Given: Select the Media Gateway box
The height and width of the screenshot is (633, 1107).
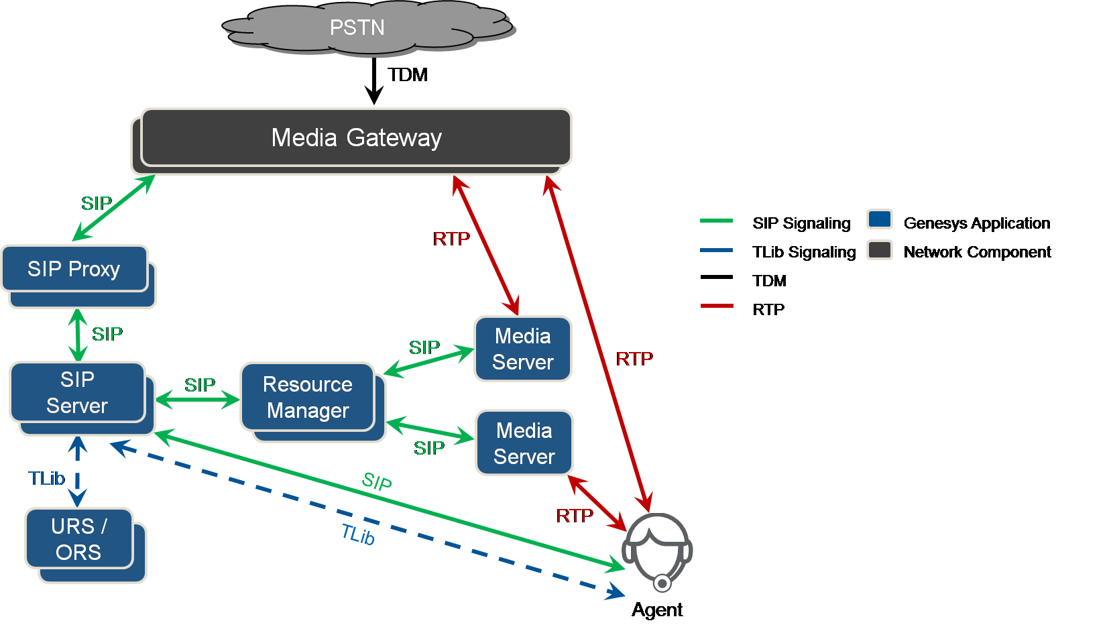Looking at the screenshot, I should click(356, 137).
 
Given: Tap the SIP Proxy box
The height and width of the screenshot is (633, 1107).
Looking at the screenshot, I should click(74, 269).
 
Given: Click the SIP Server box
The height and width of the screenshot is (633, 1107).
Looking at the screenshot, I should click(78, 392).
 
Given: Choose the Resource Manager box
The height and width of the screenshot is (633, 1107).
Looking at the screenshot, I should click(308, 397).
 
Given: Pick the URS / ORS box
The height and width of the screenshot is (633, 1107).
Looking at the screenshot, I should click(79, 538).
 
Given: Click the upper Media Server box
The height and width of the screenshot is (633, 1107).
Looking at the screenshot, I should click(523, 349).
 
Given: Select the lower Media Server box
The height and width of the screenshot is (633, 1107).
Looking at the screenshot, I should click(524, 443).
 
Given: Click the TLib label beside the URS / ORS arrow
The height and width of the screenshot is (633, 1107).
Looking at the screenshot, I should click(46, 478).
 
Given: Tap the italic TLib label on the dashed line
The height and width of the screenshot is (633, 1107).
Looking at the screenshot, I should click(358, 534).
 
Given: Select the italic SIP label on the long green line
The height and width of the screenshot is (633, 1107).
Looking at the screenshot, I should click(377, 481).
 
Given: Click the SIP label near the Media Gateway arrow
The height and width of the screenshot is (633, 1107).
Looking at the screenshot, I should click(97, 203).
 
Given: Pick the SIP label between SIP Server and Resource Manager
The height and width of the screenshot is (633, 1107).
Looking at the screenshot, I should click(199, 385).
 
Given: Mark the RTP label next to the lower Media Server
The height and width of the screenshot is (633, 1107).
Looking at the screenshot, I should click(575, 516).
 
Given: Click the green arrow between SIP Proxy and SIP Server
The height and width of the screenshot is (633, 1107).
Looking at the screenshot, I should click(78, 335).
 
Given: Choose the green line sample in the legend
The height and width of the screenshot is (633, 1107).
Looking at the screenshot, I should click(716, 221).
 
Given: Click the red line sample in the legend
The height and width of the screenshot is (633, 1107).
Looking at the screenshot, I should click(716, 306).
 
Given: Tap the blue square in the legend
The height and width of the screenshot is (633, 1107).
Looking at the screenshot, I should click(879, 219).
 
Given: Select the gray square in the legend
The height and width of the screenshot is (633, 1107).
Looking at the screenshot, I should click(879, 249).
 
